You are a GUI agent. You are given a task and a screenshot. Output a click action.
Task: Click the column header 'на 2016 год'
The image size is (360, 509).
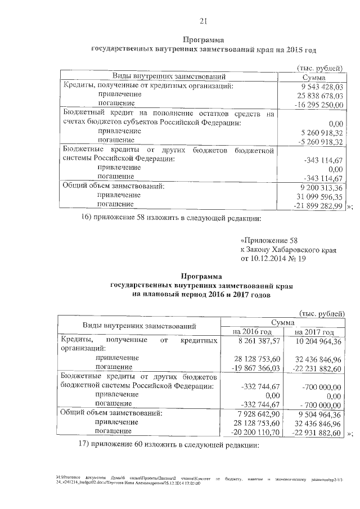point(251,332)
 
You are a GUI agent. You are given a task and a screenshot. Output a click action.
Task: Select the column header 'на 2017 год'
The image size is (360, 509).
point(314,332)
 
